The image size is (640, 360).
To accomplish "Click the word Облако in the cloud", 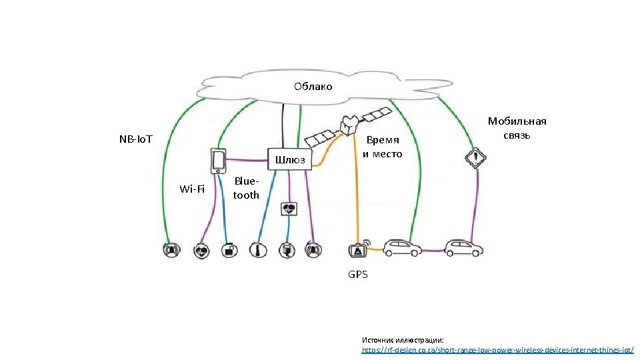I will (313, 87).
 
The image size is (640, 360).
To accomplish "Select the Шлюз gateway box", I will (289, 159).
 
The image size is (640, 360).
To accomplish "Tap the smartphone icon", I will (217, 161).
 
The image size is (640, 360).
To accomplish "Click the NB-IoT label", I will (135, 139).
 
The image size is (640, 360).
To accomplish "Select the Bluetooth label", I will (246, 188).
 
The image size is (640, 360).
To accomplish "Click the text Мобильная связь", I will (517, 128).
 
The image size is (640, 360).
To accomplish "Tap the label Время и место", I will (383, 147).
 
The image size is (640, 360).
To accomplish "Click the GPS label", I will (357, 274).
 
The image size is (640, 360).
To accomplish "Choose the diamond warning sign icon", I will (475, 158).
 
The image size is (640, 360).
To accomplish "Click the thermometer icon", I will (257, 251).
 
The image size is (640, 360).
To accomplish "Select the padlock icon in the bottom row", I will (229, 251).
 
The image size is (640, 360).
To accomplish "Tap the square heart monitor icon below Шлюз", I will (289, 208).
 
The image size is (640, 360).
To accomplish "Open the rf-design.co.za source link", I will (497, 349).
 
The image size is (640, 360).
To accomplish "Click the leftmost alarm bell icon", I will (172, 251).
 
